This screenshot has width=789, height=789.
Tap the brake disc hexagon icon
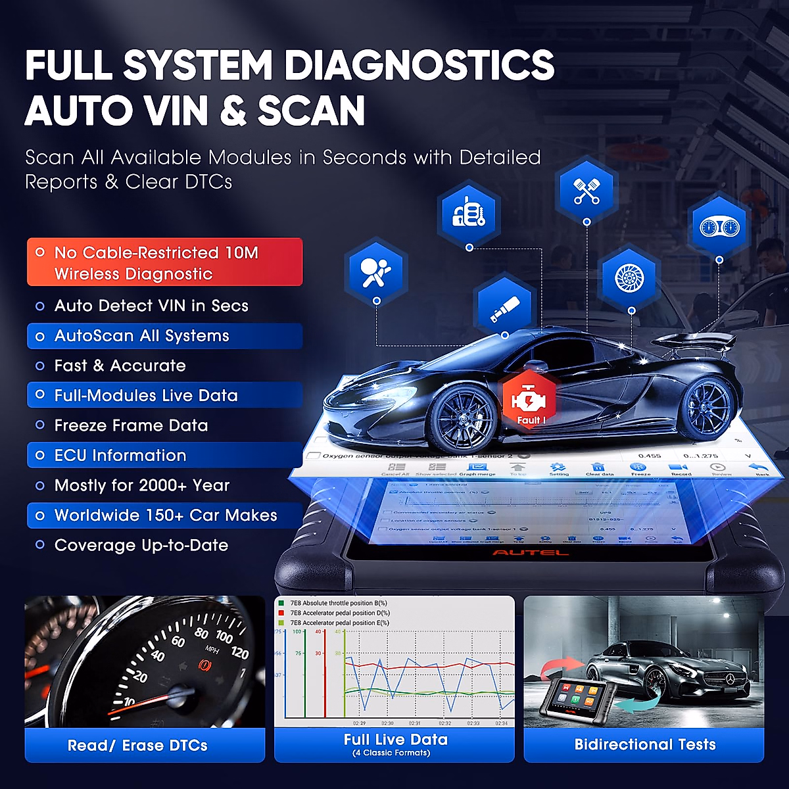pos(629,278)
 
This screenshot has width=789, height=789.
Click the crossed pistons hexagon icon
pos(586,191)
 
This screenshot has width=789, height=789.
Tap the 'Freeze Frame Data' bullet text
pos(131,425)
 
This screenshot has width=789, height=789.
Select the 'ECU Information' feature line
pos(120,455)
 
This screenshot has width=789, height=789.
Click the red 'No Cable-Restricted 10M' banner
pos(164,262)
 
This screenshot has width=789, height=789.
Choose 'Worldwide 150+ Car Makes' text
pos(166,515)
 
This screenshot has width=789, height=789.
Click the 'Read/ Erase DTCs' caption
pos(137,745)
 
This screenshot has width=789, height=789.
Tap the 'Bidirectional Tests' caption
pos(644,744)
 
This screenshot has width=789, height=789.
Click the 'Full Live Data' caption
pos(395,740)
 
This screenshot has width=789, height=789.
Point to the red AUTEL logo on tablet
pos(530,552)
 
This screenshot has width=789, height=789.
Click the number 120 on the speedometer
pos(239,652)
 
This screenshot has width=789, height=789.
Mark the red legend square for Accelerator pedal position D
pos(281,613)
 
